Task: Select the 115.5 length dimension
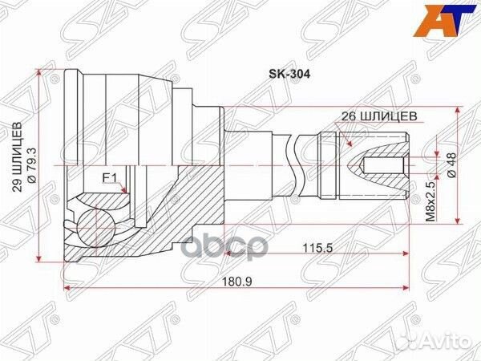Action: [x=318, y=247]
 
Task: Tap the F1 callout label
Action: [x=110, y=178]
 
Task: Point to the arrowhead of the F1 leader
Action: [x=127, y=192]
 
